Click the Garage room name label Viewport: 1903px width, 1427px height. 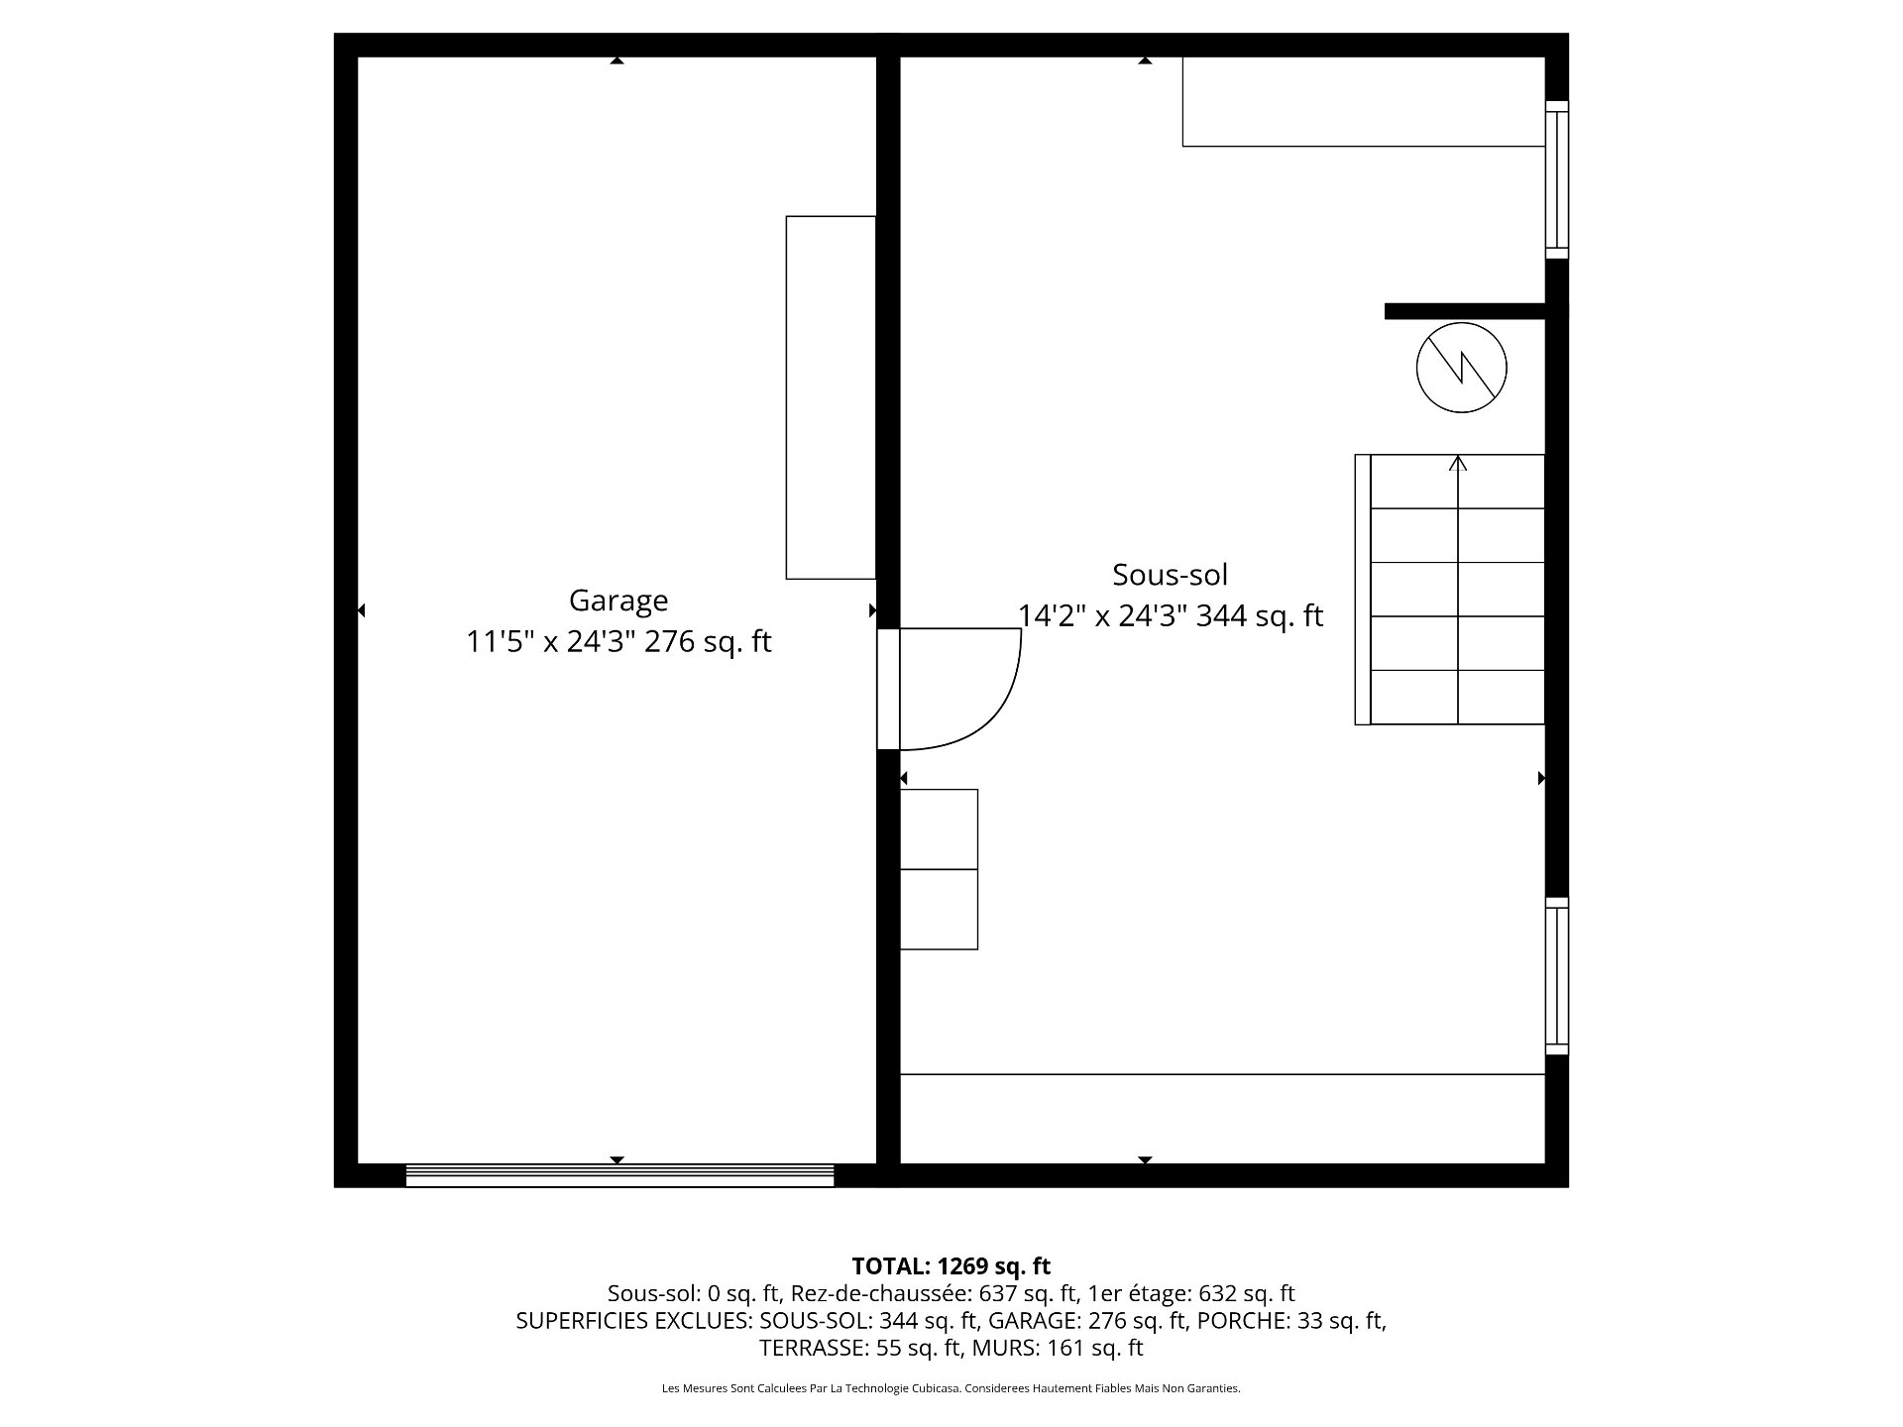[618, 602]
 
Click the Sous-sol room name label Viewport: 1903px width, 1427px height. [1170, 575]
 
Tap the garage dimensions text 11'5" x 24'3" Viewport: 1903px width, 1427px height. [551, 642]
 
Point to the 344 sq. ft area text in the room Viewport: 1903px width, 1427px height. [1260, 616]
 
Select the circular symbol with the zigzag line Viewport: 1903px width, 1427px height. [1462, 368]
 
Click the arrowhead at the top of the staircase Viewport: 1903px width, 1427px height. [1458, 462]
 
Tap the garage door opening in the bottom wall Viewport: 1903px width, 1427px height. [620, 1175]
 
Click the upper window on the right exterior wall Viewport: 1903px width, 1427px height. [1557, 179]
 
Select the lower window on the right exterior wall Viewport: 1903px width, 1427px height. [1557, 976]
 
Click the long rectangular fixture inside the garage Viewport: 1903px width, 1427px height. [831, 397]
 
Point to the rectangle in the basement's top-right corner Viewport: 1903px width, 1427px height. [1364, 102]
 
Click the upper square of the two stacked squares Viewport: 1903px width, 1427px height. [939, 829]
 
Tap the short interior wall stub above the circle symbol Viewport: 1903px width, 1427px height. [1465, 311]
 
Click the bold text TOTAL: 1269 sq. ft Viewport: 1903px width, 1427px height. [951, 1265]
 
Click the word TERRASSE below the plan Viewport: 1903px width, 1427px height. [812, 1348]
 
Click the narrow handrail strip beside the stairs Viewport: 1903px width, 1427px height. [1363, 590]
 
